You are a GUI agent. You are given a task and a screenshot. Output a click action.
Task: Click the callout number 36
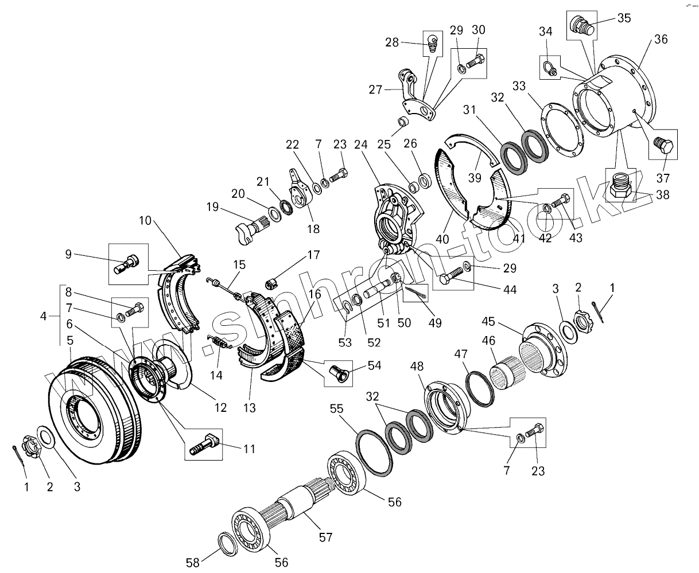661,40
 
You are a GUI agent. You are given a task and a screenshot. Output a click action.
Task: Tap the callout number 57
326,537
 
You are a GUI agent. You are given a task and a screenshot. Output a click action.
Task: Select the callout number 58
193,563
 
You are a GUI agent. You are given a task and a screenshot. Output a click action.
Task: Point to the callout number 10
146,220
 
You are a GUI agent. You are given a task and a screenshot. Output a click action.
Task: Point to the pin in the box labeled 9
127,264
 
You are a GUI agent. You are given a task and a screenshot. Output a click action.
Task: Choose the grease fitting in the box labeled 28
434,41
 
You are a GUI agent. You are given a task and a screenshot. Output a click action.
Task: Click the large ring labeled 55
374,452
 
